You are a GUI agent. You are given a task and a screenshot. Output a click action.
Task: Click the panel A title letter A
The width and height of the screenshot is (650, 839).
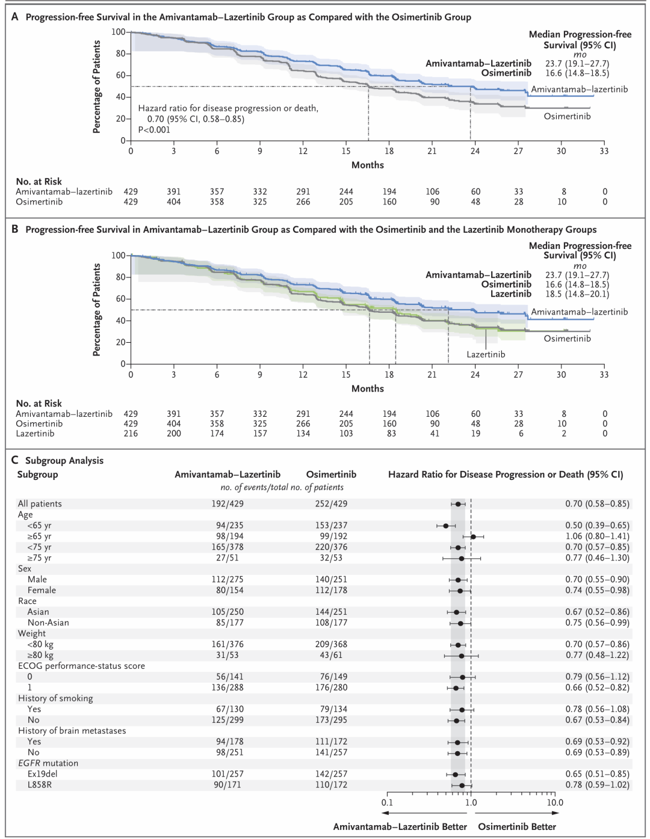[14, 17]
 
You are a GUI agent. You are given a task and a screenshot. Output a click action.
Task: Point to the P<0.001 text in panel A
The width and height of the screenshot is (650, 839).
[154, 130]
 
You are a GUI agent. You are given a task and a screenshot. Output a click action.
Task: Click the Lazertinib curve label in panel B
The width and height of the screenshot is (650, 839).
[486, 354]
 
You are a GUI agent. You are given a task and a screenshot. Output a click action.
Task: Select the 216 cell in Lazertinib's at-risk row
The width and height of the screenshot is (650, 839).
[131, 434]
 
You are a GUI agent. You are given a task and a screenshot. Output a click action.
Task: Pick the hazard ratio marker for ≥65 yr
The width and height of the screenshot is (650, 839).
[473, 536]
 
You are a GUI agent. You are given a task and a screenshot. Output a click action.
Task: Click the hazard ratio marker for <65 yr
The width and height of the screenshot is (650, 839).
[446, 526]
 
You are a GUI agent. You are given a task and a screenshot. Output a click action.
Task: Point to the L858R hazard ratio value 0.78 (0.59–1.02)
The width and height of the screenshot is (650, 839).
[597, 784]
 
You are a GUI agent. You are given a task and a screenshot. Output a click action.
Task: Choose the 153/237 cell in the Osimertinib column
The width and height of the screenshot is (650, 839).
[331, 525]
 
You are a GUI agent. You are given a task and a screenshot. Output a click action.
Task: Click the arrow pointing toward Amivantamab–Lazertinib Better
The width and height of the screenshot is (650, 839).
[424, 813]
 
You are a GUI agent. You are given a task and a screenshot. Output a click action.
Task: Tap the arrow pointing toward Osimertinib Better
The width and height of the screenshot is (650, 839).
[517, 813]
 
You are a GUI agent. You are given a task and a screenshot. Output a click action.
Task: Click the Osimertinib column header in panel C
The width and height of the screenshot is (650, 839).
[331, 474]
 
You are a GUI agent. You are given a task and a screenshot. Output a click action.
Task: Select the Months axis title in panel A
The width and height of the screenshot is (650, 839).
[367, 165]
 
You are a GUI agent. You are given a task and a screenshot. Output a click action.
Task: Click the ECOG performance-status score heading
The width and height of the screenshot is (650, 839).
[81, 666]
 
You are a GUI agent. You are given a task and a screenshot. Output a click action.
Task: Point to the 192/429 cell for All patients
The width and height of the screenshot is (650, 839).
[227, 503]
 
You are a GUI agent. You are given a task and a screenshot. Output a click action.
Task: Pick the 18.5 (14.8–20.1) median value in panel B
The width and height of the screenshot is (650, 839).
[577, 294]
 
